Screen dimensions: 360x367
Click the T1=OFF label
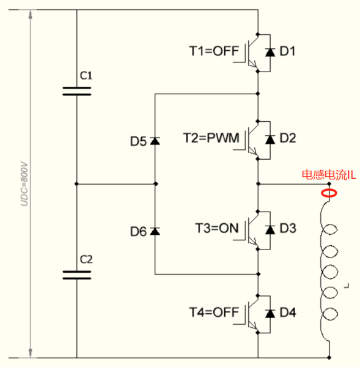click(x=214, y=51)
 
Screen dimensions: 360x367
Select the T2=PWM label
click(x=211, y=138)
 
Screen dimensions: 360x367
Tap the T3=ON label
click(x=217, y=228)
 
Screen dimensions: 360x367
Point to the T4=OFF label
click(x=214, y=312)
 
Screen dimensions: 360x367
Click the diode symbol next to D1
click(x=270, y=52)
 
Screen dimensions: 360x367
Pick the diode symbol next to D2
click(x=270, y=139)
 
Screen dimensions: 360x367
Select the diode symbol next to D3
click(x=270, y=229)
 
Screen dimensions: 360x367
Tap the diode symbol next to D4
click(x=270, y=313)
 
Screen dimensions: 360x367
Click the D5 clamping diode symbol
click(x=155, y=141)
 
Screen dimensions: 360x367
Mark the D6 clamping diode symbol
click(x=155, y=231)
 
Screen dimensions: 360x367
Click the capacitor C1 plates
click(x=77, y=91)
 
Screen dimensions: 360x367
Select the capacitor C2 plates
click(x=77, y=275)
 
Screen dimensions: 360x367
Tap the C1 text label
click(x=86, y=76)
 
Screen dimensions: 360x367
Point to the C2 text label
click(x=86, y=259)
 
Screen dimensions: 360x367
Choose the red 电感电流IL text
click(x=329, y=175)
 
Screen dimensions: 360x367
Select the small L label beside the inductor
click(x=347, y=286)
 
